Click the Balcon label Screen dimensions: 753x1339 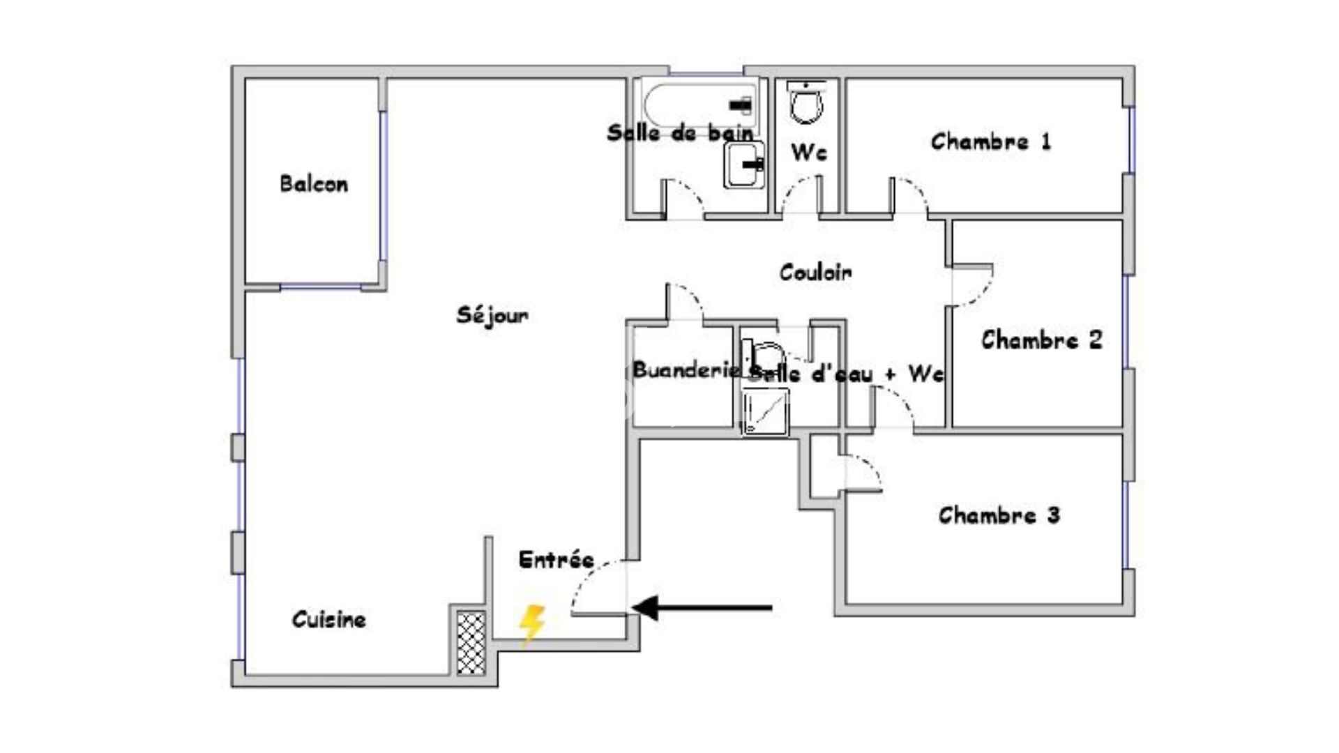pos(314,184)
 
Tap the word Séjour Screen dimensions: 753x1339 pos(492,315)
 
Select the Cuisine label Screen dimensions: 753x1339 pos(328,619)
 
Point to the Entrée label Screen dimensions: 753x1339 pos(556,559)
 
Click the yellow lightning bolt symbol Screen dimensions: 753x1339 pos(532,623)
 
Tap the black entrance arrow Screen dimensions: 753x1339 pos(704,607)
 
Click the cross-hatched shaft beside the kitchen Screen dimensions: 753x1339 pos(471,643)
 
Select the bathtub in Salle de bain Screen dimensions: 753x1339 pos(699,102)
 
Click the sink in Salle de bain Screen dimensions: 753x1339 pos(743,165)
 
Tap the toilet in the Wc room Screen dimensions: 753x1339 pos(808,102)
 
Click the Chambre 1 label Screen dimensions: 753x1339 pos(990,142)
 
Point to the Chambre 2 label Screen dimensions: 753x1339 pos(1041,340)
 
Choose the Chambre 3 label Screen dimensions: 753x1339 pos(999,516)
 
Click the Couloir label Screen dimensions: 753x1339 pos(815,272)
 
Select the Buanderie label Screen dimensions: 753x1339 pos(686,370)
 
